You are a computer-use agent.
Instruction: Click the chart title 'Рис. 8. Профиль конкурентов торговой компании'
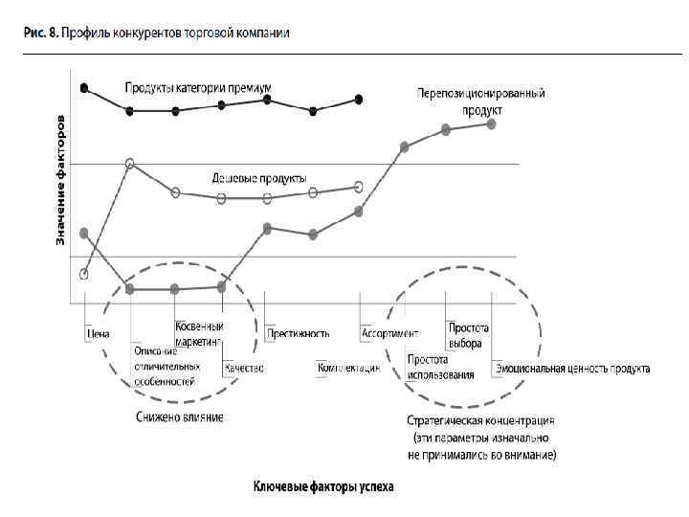158,33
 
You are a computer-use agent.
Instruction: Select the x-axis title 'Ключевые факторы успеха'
323,487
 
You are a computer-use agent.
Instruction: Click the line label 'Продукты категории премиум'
198,87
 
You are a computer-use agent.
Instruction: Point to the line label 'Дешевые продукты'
258,178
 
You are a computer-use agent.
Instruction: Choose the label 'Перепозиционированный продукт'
481,101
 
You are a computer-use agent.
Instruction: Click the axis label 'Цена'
99,334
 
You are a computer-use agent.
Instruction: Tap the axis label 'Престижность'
300,334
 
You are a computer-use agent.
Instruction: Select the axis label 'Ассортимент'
390,334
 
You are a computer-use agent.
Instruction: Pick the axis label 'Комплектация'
348,367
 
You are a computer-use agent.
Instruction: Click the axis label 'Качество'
243,367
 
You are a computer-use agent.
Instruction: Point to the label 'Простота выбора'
469,335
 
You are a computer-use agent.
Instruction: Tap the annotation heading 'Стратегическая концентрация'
480,420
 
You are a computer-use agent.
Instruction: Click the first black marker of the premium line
84,88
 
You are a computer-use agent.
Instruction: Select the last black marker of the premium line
359,99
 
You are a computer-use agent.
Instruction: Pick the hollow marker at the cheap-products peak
130,164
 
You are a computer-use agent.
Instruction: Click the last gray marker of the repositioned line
491,124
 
